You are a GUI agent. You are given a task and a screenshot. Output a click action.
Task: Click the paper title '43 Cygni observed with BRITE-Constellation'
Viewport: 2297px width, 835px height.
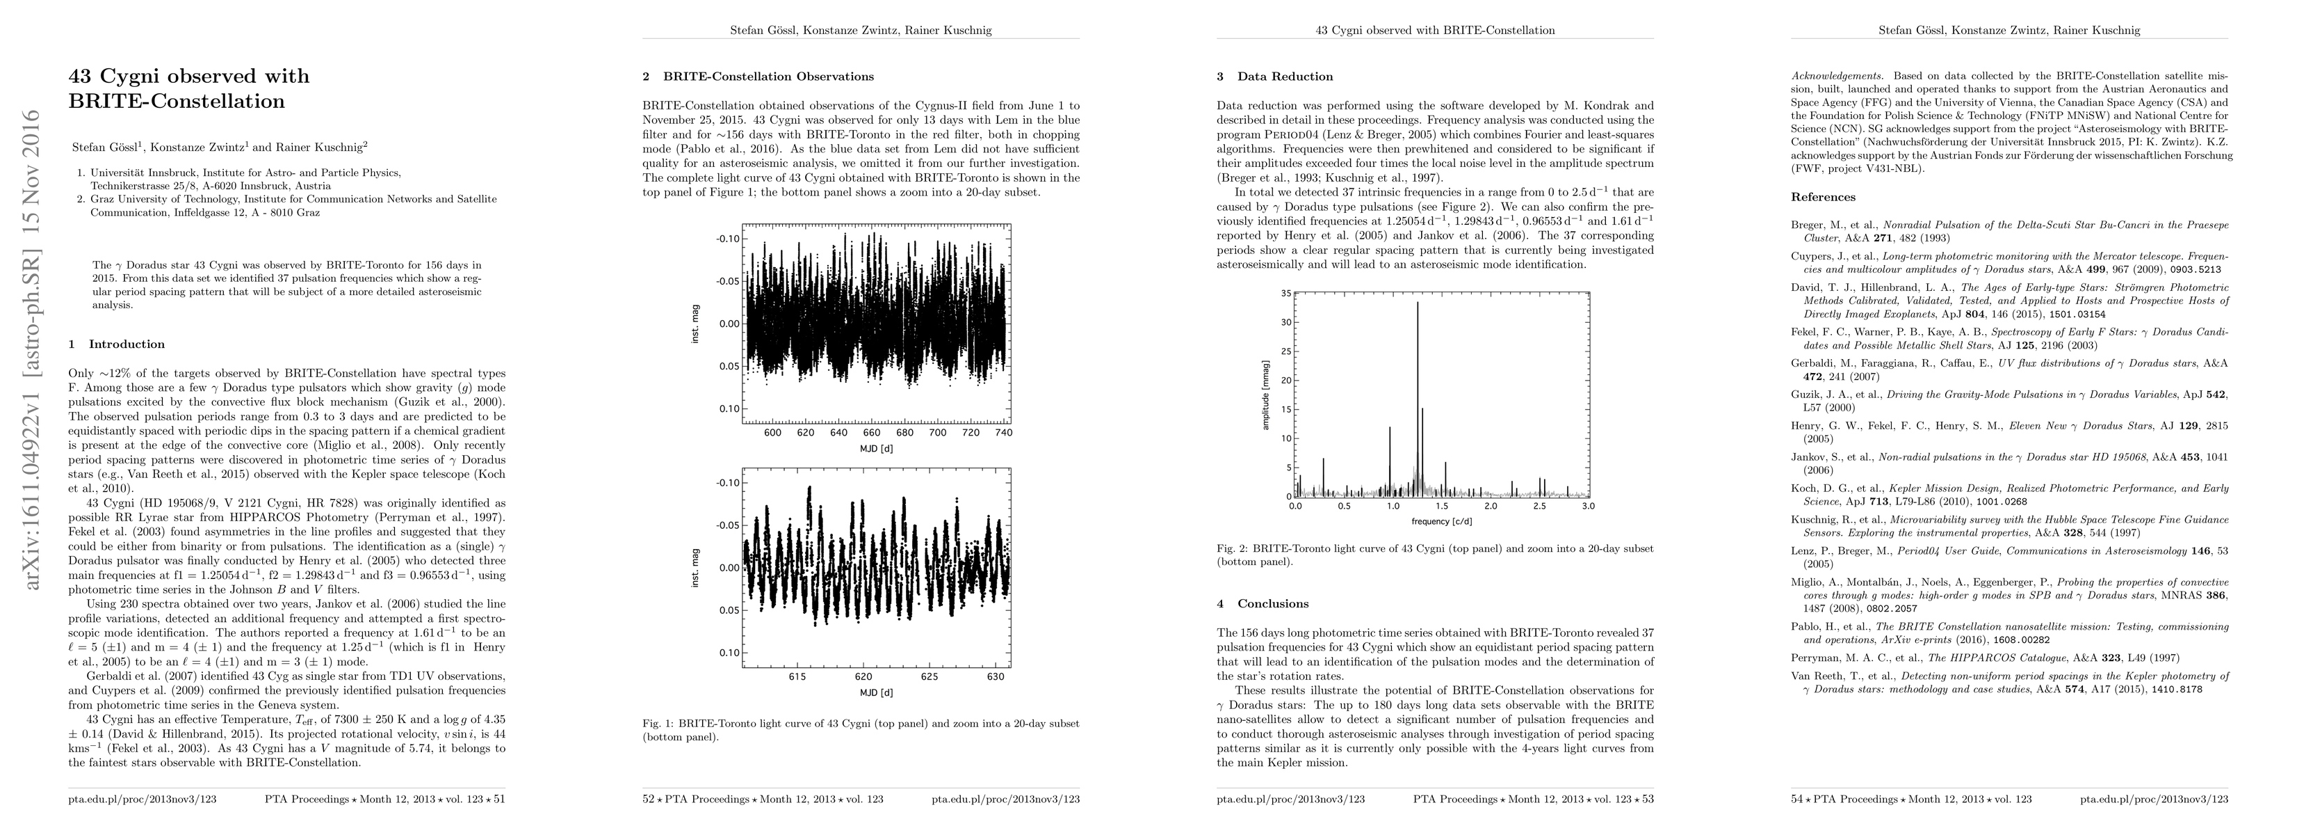189,88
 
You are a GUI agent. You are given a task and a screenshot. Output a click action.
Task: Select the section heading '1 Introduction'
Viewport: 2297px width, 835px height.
117,344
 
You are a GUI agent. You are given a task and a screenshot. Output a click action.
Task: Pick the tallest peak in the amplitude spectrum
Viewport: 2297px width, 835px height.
1417,305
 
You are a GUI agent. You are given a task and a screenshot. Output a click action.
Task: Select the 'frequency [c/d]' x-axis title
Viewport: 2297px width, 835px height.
1442,521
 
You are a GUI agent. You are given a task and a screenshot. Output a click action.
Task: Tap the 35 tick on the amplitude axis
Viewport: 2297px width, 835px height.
1285,294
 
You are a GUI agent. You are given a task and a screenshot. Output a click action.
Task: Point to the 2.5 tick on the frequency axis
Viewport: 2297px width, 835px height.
1539,507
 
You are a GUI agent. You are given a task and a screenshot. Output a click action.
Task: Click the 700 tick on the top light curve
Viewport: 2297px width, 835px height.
937,433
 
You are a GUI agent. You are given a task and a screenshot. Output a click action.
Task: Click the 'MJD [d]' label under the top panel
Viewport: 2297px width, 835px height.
876,448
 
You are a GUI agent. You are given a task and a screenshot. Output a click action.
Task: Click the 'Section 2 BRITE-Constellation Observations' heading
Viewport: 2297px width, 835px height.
758,77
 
